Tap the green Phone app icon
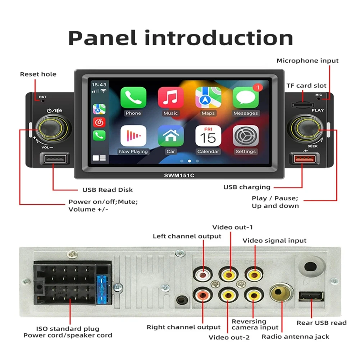pyautogui.click(x=133, y=97)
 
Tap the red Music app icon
pyautogui.click(x=170, y=97)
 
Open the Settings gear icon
pyautogui.click(x=246, y=136)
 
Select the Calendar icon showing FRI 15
pyautogui.click(x=208, y=136)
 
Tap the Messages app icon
pyautogui.click(x=246, y=97)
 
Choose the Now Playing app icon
pyautogui.click(x=133, y=136)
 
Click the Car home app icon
pyautogui.click(x=170, y=136)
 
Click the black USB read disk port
pyautogui.click(x=54, y=159)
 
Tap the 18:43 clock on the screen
pyautogui.click(x=99, y=85)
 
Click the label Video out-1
pyautogui.click(x=233, y=227)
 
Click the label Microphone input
pyautogui.click(x=307, y=61)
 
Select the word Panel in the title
pyautogui.click(x=102, y=38)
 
